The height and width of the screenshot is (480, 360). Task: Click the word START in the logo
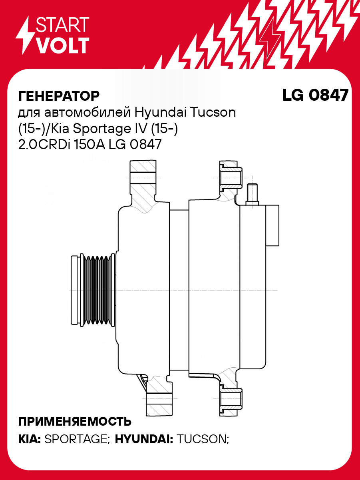(x=62, y=25)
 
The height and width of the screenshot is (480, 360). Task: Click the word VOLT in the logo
(x=62, y=45)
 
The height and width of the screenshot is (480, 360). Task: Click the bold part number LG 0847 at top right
(x=315, y=95)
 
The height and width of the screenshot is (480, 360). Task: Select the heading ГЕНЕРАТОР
(x=59, y=96)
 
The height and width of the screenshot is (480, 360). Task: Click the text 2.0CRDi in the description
(x=44, y=145)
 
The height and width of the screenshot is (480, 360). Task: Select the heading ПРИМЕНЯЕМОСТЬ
(x=75, y=421)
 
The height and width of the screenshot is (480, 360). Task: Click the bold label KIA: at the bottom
(x=29, y=440)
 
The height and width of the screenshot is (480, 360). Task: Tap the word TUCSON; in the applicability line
(x=203, y=440)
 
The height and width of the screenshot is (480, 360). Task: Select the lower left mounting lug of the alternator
(x=159, y=398)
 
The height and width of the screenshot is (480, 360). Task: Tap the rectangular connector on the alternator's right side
(x=273, y=225)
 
